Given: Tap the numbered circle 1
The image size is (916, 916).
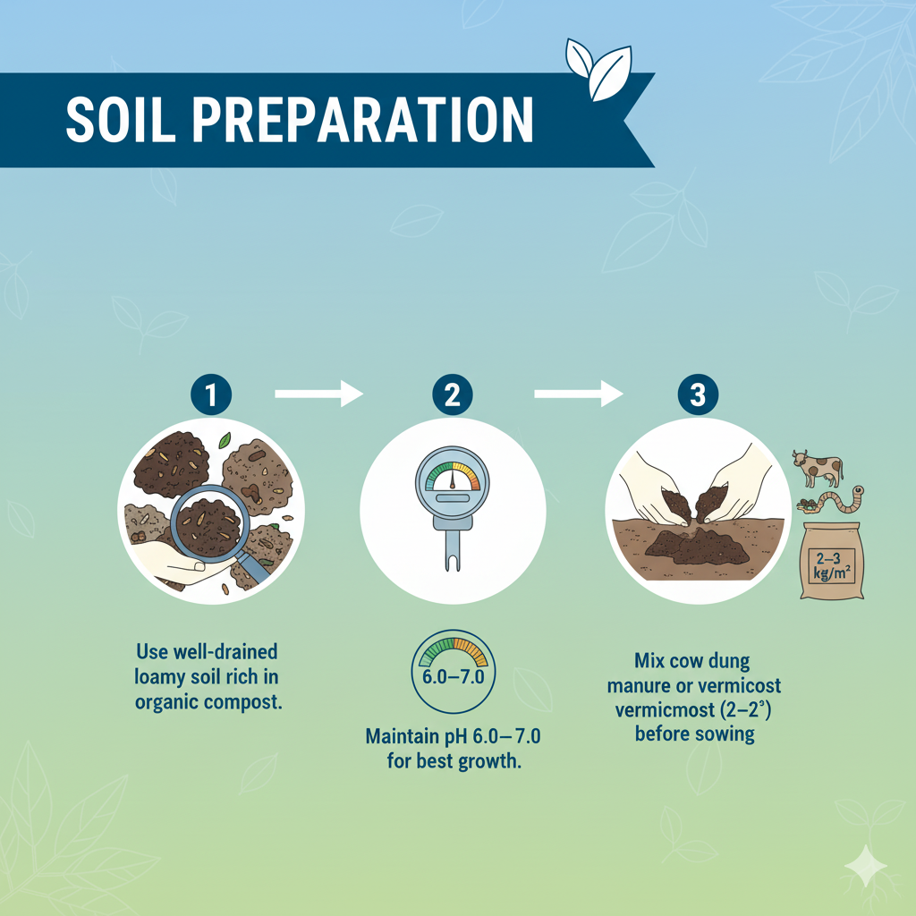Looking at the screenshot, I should (211, 394).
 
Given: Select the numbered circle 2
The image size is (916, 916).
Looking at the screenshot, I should (453, 394).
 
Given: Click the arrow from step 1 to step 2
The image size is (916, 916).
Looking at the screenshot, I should (318, 394).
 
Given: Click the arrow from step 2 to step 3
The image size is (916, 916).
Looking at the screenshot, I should (577, 394).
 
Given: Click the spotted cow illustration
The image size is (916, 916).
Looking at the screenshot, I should (818, 467).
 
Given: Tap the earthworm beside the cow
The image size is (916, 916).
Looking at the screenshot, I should (835, 502).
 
